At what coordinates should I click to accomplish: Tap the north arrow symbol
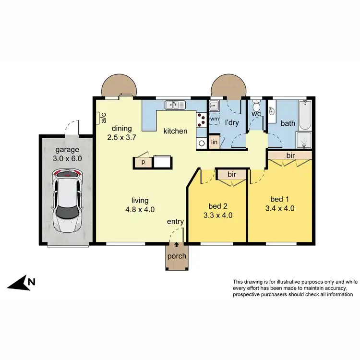(22, 284)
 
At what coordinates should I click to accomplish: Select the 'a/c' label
(103, 118)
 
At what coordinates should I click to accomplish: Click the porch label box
(177, 256)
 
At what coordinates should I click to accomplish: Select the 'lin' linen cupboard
(215, 142)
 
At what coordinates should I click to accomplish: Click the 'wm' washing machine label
(215, 118)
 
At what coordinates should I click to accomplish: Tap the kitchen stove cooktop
(201, 120)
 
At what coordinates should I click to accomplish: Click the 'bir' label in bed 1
(290, 156)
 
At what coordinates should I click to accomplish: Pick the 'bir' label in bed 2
(231, 174)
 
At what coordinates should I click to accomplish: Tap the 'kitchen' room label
(175, 131)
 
